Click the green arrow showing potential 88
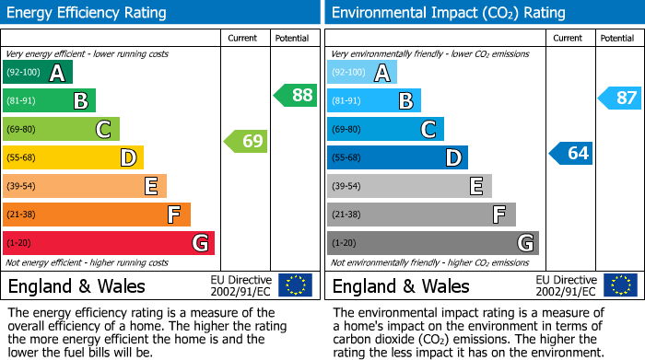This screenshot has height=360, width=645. tap(296, 95)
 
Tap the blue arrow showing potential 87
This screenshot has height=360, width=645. tap(620, 98)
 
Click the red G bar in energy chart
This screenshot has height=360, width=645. tap(109, 243)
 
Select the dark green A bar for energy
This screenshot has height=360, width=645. tap(38, 73)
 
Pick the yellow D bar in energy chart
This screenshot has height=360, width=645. tap(73, 157)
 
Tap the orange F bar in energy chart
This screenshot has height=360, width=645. tap(97, 215)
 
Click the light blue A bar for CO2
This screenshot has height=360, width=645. tap(362, 73)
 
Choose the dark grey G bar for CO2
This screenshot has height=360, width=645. tap(432, 243)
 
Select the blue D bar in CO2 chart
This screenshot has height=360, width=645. tap(397, 157)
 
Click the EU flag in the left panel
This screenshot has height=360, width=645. tap(295, 285)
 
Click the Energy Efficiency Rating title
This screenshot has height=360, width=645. tap(88, 13)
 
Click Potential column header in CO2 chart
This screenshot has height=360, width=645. tap(616, 38)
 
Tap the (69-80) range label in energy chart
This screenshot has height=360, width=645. tap(23, 130)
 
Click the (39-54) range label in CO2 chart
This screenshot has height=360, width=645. tap(347, 187)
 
